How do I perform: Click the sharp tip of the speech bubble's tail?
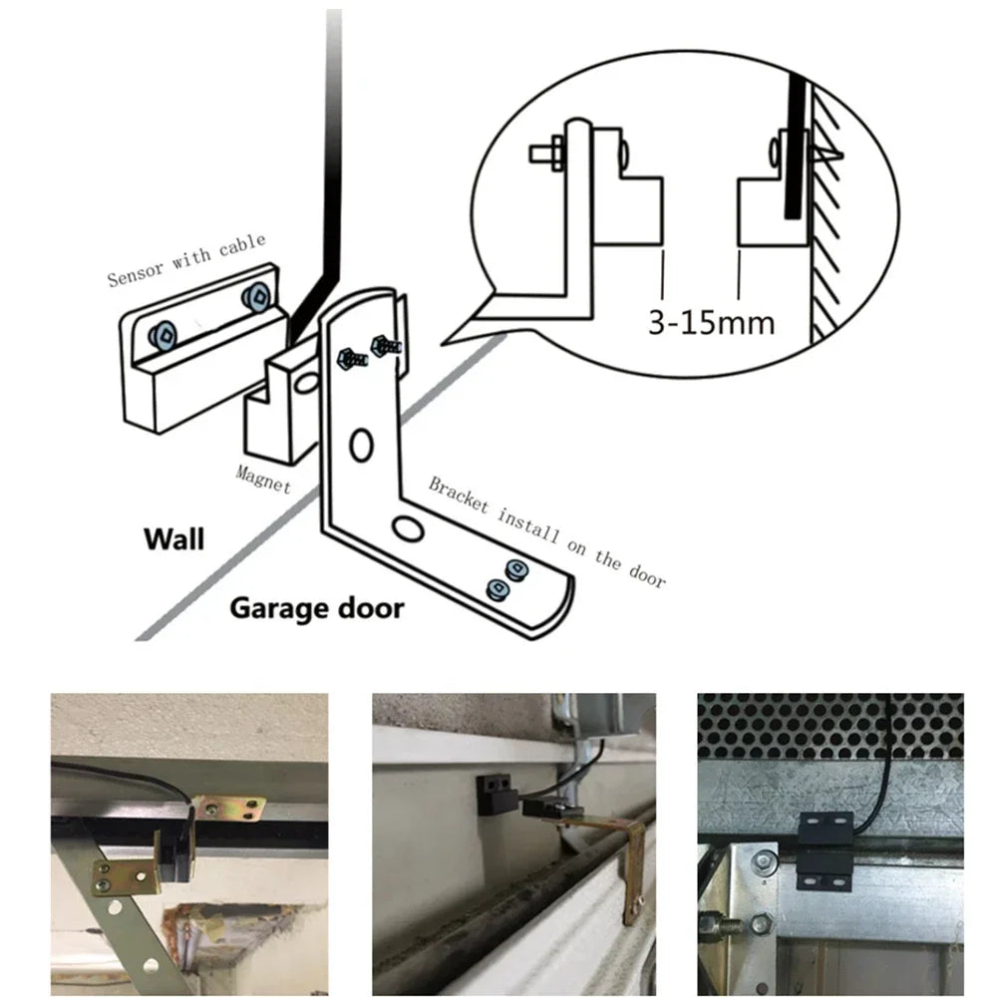point(443,344)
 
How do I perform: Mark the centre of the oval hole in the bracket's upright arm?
point(361,445)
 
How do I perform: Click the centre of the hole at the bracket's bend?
point(408,528)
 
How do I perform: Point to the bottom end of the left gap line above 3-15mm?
point(663,298)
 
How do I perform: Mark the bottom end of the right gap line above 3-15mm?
point(738,298)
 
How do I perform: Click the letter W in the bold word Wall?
point(158,539)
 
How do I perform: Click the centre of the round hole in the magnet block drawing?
point(307,383)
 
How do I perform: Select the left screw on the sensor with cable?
point(164,335)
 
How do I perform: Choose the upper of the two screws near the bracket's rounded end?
point(515,569)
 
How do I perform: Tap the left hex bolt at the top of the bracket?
point(352,359)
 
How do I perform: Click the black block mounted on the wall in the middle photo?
point(496,794)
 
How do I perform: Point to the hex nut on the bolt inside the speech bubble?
point(557,153)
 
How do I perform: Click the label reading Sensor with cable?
point(185,259)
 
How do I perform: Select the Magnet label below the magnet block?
point(263,480)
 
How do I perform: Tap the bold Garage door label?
point(317,608)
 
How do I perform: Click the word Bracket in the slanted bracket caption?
point(459,495)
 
